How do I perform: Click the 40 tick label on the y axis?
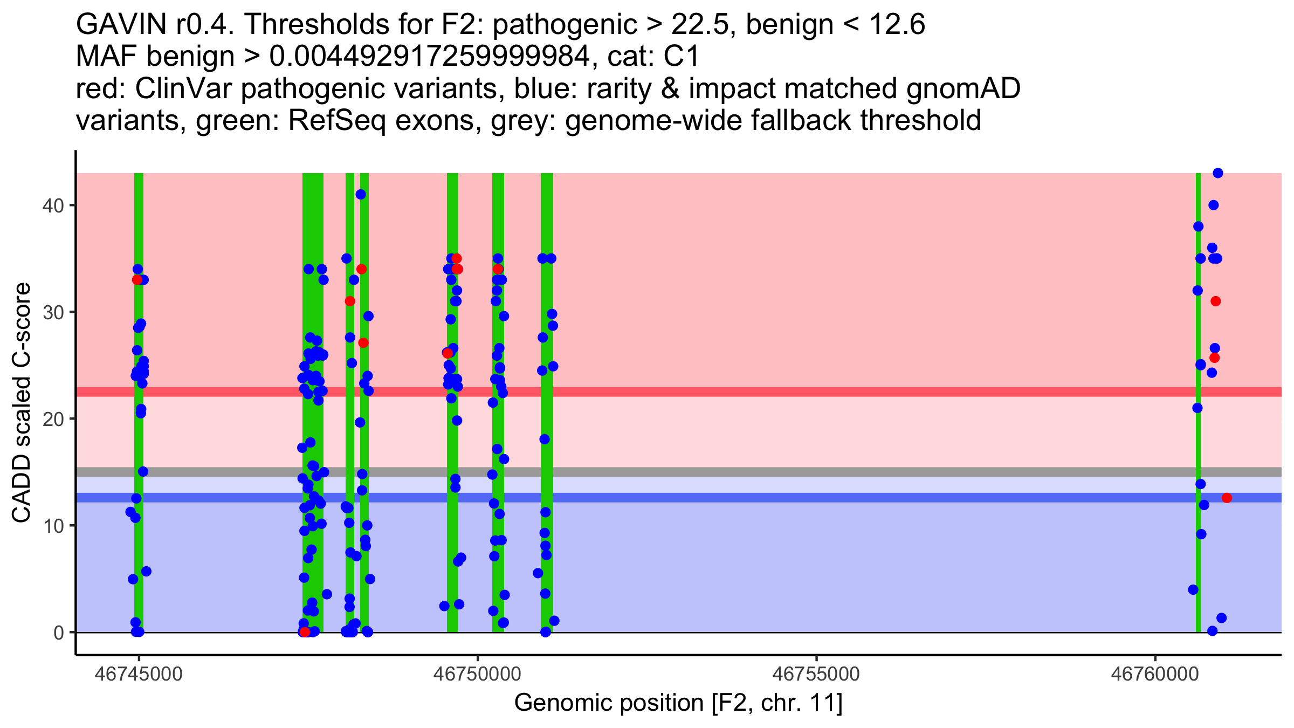tap(52, 205)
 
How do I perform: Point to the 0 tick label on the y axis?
tap(58, 633)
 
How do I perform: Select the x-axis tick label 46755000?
tap(816, 675)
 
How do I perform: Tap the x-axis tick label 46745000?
tap(139, 675)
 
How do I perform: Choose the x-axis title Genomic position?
tap(678, 703)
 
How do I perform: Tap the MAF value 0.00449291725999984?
tap(429, 56)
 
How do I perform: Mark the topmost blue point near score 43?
tap(1218, 173)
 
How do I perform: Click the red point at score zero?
tap(305, 632)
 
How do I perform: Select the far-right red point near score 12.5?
tap(1227, 498)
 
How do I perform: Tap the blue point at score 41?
tap(361, 195)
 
